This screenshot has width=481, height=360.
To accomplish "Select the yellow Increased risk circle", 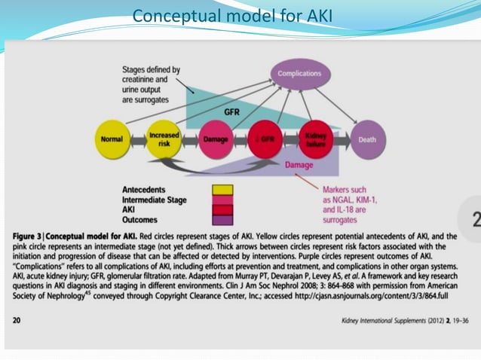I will (164, 139).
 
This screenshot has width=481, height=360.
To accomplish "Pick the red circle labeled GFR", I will (265, 139).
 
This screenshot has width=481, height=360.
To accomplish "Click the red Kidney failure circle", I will (314, 139).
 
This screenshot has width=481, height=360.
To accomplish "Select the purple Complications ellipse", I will (299, 74).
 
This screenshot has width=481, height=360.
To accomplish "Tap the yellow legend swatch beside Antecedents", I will (222, 190).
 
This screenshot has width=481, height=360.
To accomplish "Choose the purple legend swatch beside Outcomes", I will (222, 221).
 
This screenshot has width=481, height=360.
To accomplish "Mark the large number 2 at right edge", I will (475, 221).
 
